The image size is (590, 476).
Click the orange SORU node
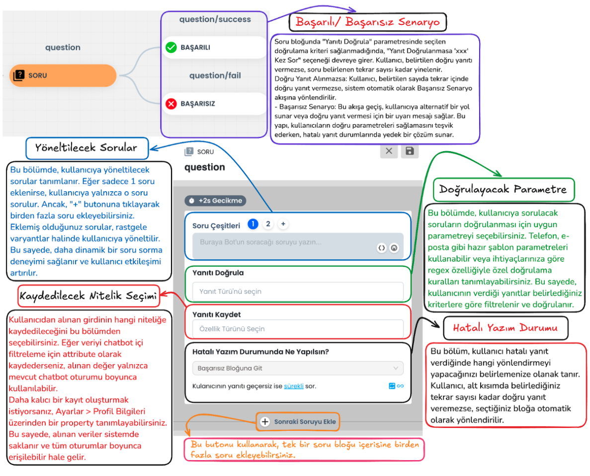(x=63, y=75)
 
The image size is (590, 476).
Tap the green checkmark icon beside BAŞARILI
(x=171, y=47)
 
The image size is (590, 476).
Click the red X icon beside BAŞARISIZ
(x=171, y=103)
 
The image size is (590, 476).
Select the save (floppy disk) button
(x=410, y=151)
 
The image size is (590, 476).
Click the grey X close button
(x=389, y=151)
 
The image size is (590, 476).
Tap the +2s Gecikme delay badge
(x=215, y=201)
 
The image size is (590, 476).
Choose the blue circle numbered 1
(x=253, y=224)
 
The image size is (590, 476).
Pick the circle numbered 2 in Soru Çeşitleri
(x=268, y=224)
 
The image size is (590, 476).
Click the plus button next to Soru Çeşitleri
(x=283, y=224)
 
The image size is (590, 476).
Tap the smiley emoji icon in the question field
(x=394, y=248)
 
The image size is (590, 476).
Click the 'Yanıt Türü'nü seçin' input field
(x=298, y=291)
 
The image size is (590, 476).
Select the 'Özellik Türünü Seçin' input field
(x=298, y=329)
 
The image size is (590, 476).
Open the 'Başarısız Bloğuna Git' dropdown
(x=298, y=368)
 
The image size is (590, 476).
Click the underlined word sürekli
(x=293, y=386)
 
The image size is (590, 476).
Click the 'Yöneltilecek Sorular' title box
(x=87, y=148)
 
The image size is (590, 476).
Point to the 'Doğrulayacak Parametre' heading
(x=504, y=189)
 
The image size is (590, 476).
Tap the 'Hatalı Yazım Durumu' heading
(x=506, y=328)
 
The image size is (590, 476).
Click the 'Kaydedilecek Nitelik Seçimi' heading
(x=88, y=296)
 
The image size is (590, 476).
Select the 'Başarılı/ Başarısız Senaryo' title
(x=368, y=22)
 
